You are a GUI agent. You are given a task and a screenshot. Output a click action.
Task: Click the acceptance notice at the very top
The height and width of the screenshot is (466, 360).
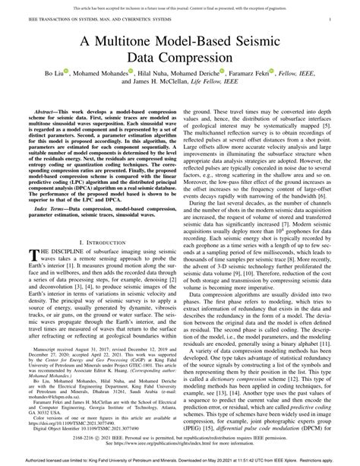coord(180,4)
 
